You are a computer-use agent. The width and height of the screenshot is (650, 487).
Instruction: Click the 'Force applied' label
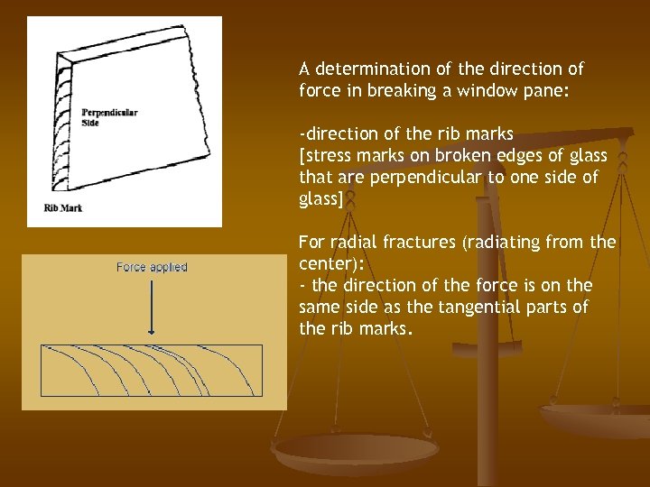[152, 267]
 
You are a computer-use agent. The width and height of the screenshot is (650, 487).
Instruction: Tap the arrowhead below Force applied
[152, 331]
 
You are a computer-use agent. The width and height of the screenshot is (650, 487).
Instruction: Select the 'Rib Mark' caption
[63, 207]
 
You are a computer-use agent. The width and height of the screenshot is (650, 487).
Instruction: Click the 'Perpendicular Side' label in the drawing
[109, 117]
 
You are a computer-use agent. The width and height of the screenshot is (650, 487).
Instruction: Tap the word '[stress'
[323, 156]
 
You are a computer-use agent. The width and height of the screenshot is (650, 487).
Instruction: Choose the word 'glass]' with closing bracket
[321, 199]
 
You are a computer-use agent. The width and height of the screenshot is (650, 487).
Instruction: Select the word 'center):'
[328, 264]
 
